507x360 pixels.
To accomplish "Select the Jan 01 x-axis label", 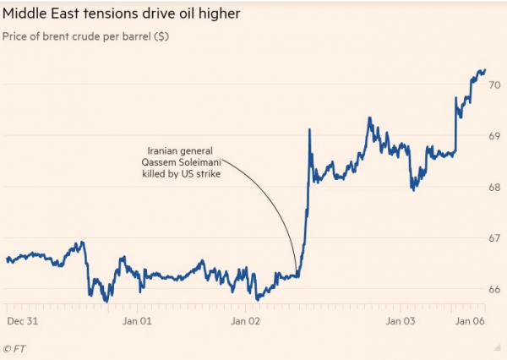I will pyautogui.click(x=136, y=321).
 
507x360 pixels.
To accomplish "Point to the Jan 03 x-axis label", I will pyautogui.click(x=401, y=321).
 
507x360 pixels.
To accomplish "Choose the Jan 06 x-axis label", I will pyautogui.click(x=469, y=321).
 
